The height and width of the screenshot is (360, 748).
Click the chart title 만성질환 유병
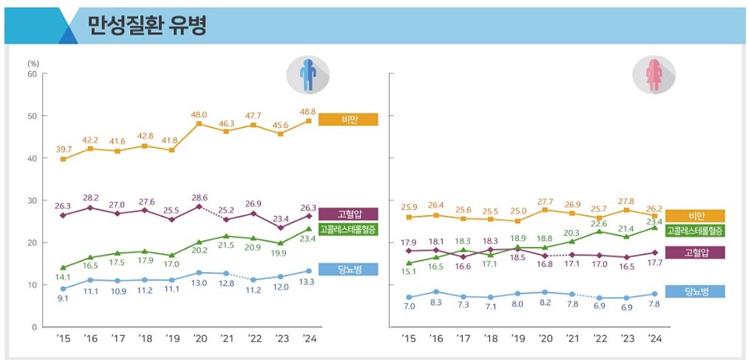point(147,26)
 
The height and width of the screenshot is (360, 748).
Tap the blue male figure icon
point(309,74)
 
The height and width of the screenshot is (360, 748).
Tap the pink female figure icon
point(654,74)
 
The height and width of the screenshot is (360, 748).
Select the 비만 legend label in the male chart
point(348,119)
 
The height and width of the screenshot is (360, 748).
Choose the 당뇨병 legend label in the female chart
point(694,291)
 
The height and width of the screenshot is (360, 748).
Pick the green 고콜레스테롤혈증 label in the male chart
point(348,230)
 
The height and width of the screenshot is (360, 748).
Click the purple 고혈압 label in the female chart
point(694,252)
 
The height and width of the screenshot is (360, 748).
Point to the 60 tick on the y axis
point(32,74)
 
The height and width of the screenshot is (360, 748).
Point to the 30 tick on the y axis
point(32,200)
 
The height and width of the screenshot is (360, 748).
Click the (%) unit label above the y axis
point(33,62)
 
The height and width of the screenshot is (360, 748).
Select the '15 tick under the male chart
point(63,338)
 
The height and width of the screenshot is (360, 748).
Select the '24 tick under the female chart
point(654,338)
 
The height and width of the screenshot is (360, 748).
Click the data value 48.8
point(309,111)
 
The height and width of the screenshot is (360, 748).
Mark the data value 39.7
point(63,149)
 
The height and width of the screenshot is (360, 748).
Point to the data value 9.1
point(63,298)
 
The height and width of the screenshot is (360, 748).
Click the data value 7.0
point(409,307)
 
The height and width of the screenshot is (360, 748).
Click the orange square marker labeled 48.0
point(199,123)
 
